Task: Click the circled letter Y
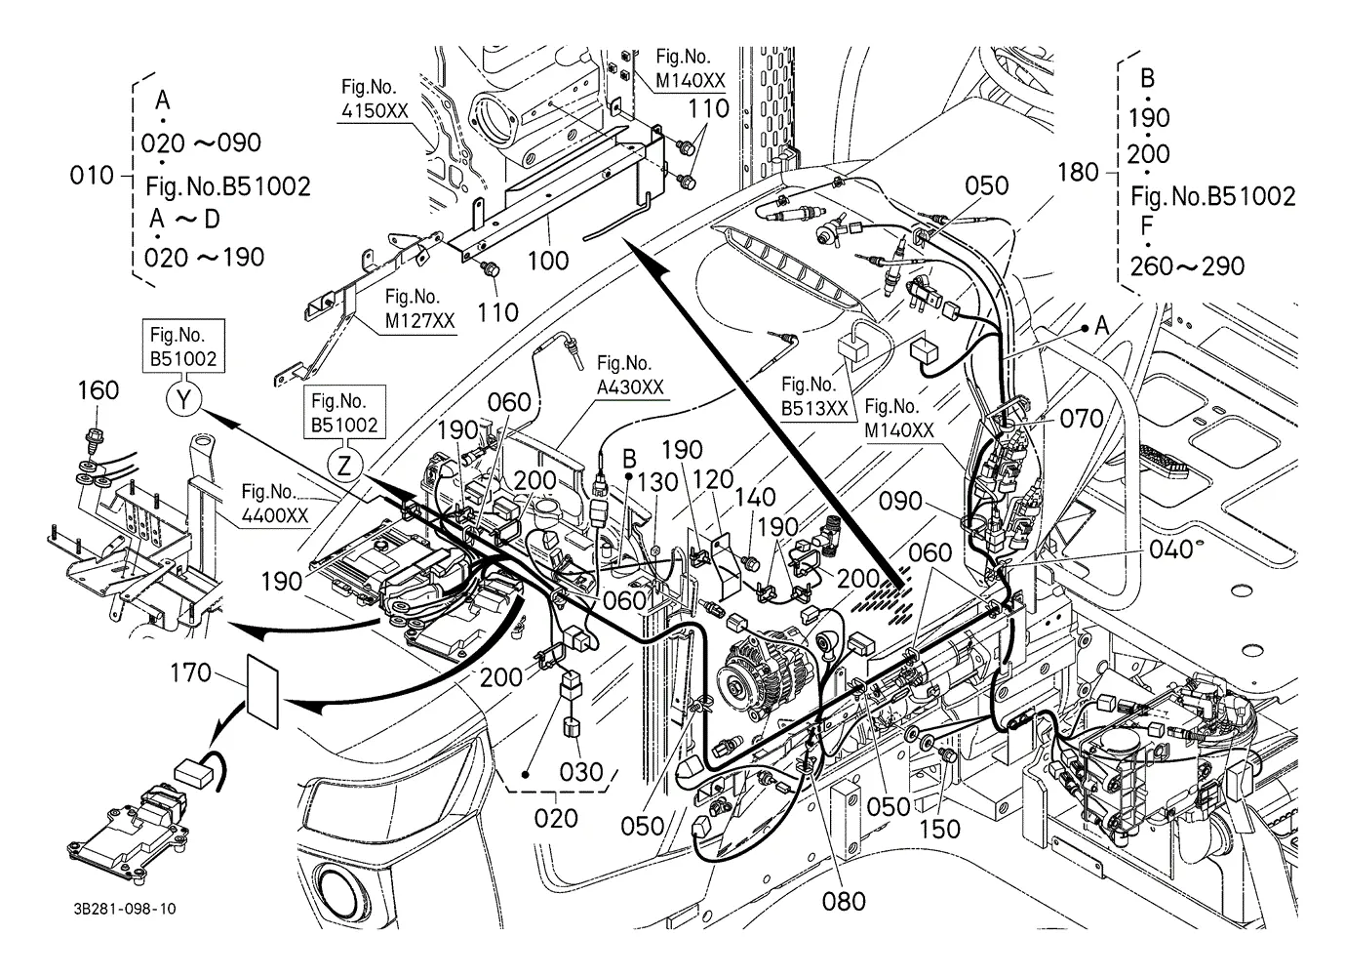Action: pyautogui.click(x=183, y=399)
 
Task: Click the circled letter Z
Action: pyautogui.click(x=344, y=466)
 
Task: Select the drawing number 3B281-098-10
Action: pyautogui.click(x=125, y=908)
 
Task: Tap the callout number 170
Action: pyautogui.click(x=190, y=672)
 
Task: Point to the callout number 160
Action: pyautogui.click(x=98, y=390)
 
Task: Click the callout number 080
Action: pyautogui.click(x=844, y=901)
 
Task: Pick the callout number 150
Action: pyautogui.click(x=939, y=830)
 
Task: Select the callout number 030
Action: pyautogui.click(x=580, y=772)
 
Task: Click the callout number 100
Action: pyautogui.click(x=547, y=261)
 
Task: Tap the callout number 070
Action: pyautogui.click(x=1082, y=419)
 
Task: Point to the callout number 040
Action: pyautogui.click(x=1170, y=550)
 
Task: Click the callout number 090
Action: pyautogui.click(x=900, y=501)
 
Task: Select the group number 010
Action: pyautogui.click(x=92, y=176)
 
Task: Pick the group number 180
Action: pyautogui.click(x=1078, y=173)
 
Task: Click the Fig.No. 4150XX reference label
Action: pyautogui.click(x=375, y=100)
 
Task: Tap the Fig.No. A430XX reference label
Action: pyautogui.click(x=629, y=376)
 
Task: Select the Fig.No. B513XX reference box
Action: pyautogui.click(x=814, y=396)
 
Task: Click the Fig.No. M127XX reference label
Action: pyautogui.click(x=419, y=308)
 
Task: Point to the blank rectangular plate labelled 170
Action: pyautogui.click(x=263, y=691)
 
